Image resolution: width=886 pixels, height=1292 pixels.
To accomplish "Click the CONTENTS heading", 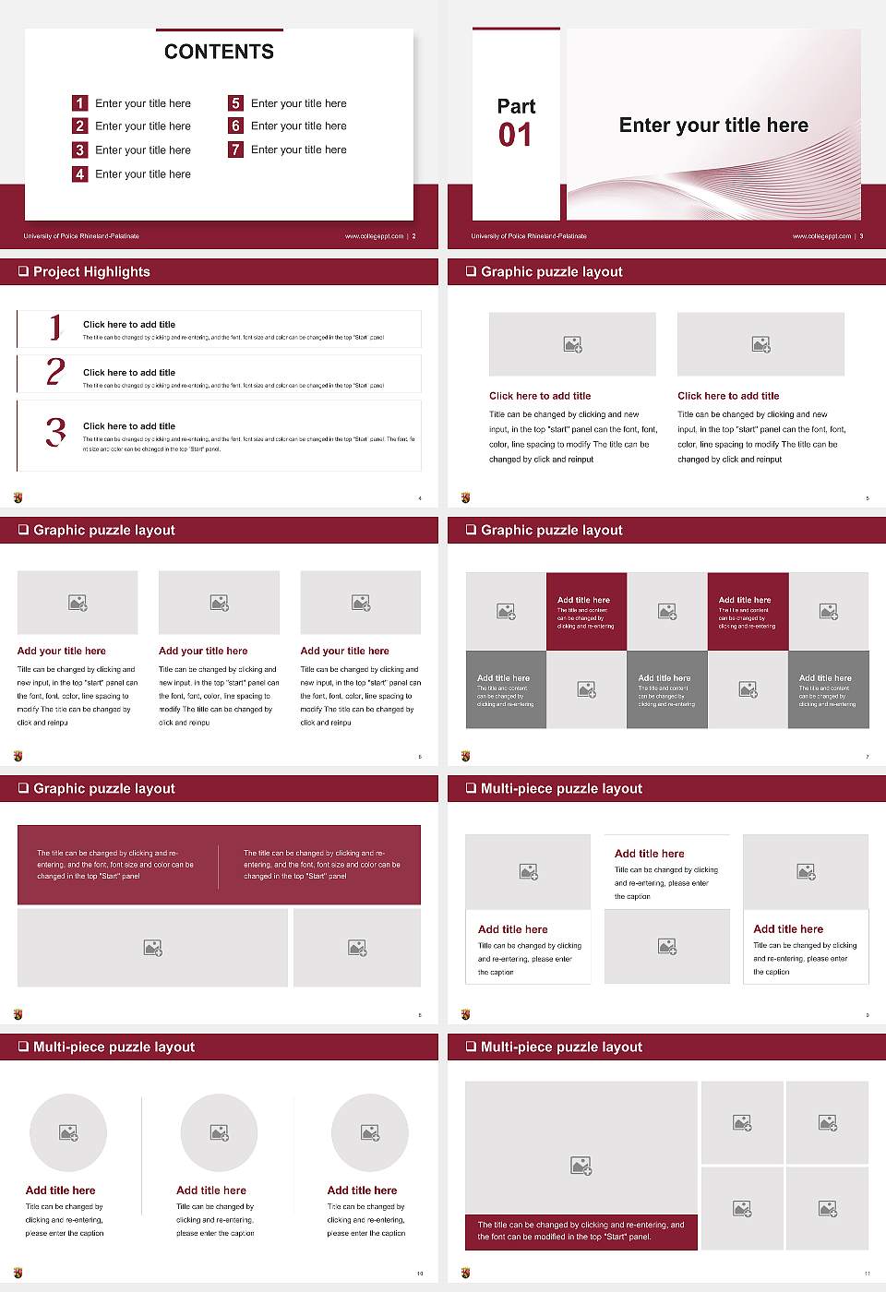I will (219, 52).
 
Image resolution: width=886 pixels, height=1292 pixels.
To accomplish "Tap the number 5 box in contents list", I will (235, 103).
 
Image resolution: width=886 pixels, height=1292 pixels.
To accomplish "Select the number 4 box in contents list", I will (79, 173).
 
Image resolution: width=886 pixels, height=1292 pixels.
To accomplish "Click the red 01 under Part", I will (515, 136).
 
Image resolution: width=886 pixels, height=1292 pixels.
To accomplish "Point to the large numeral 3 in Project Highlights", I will (55, 432).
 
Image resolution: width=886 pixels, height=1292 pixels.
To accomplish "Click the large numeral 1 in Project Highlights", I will (55, 327).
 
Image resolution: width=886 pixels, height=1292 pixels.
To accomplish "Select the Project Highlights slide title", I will (91, 271).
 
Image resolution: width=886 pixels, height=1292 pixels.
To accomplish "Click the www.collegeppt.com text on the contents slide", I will (374, 236).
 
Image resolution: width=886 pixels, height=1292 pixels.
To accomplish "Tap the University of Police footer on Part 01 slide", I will (529, 236).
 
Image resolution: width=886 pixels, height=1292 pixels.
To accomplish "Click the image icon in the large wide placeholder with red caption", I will (581, 1166).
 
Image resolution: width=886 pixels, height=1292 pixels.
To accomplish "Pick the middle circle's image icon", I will (219, 1132).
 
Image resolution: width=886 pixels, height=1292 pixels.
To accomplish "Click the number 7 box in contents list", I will (235, 150).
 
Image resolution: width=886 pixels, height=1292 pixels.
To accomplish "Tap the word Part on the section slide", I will (516, 106).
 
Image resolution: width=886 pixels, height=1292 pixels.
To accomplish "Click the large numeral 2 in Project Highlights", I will (55, 372).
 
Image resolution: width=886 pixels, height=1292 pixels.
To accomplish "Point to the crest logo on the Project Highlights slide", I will (18, 497).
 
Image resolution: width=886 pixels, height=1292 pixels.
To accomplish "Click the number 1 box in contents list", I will (79, 103).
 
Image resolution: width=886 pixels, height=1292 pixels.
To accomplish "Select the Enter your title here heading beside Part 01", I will (713, 126).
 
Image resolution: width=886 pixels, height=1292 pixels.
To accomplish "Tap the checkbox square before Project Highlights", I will (23, 271).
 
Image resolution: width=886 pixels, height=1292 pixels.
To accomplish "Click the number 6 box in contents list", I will (235, 126).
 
